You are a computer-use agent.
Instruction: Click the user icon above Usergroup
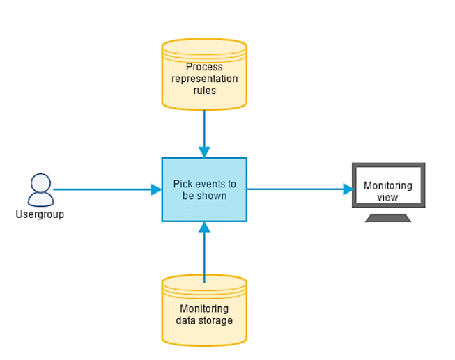point(40,190)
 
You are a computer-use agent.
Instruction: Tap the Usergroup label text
point(40,214)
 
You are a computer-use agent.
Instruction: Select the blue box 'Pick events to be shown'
point(204,189)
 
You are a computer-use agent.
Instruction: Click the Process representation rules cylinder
point(204,75)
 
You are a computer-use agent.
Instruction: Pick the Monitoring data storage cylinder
point(204,311)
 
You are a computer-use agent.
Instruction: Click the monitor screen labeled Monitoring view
point(389,185)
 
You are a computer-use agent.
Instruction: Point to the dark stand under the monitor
point(388,218)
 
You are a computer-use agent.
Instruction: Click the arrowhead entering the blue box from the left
point(156,189)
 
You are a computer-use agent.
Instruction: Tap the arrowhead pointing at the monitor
point(348,189)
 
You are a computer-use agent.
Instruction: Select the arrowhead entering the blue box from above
point(204,152)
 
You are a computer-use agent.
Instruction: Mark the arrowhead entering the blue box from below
point(204,227)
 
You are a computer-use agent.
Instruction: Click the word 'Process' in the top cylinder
point(204,67)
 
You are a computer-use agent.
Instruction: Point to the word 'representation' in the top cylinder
point(205,79)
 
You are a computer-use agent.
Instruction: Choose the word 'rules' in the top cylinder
point(205,91)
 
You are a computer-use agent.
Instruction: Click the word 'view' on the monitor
point(387,198)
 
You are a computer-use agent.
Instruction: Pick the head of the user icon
point(40,183)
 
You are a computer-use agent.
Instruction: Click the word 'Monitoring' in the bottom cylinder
point(204,309)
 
